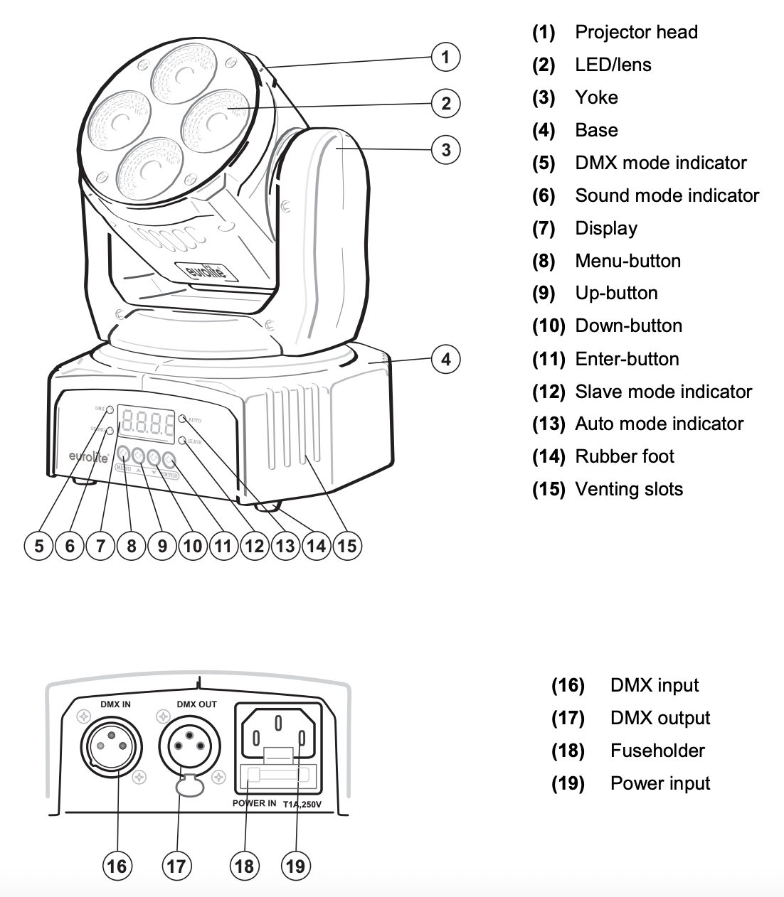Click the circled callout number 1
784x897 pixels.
(446, 57)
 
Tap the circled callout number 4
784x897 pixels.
(446, 359)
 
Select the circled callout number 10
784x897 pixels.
(192, 546)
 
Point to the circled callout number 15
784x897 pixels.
(346, 546)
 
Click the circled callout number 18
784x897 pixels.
(243, 865)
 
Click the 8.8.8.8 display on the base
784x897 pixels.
(147, 424)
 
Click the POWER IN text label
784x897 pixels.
(254, 803)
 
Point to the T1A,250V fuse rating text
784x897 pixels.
(302, 805)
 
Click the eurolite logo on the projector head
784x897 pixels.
(204, 273)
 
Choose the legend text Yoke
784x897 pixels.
(596, 97)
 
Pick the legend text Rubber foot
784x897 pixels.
(625, 456)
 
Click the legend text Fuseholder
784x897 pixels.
(657, 751)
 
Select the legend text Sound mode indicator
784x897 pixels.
(667, 195)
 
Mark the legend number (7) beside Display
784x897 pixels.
(544, 228)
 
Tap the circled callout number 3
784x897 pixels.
(446, 150)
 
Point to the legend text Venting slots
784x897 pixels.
(629, 489)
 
